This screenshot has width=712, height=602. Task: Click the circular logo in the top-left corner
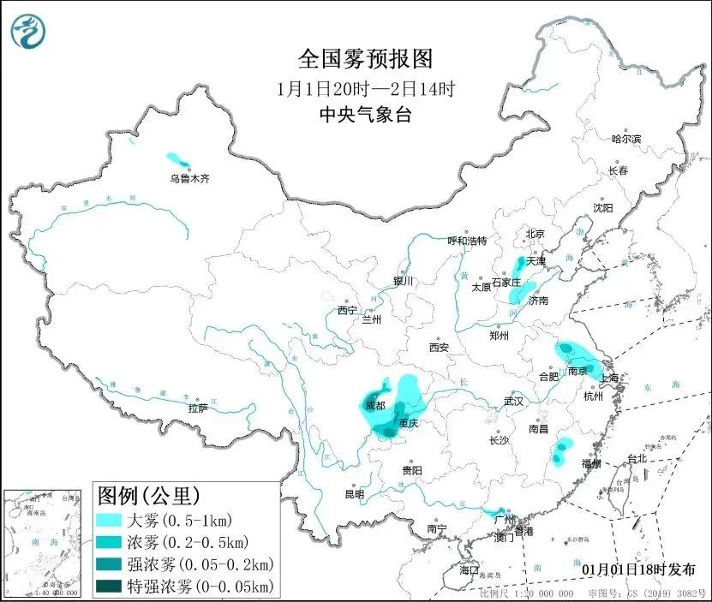[28, 33]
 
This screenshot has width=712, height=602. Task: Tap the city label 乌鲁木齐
[188, 178]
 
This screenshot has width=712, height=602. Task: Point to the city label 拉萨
[198, 408]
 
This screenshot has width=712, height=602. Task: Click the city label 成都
[374, 405]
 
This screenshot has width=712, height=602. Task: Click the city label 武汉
[514, 401]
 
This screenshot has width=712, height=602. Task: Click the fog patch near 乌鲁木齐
[177, 161]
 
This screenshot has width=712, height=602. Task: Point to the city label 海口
[469, 569]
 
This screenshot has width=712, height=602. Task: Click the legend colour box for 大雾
[117, 520]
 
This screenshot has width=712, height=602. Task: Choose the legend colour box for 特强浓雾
[117, 586]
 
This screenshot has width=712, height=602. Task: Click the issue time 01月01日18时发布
[637, 569]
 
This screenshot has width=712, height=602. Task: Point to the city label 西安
[439, 348]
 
